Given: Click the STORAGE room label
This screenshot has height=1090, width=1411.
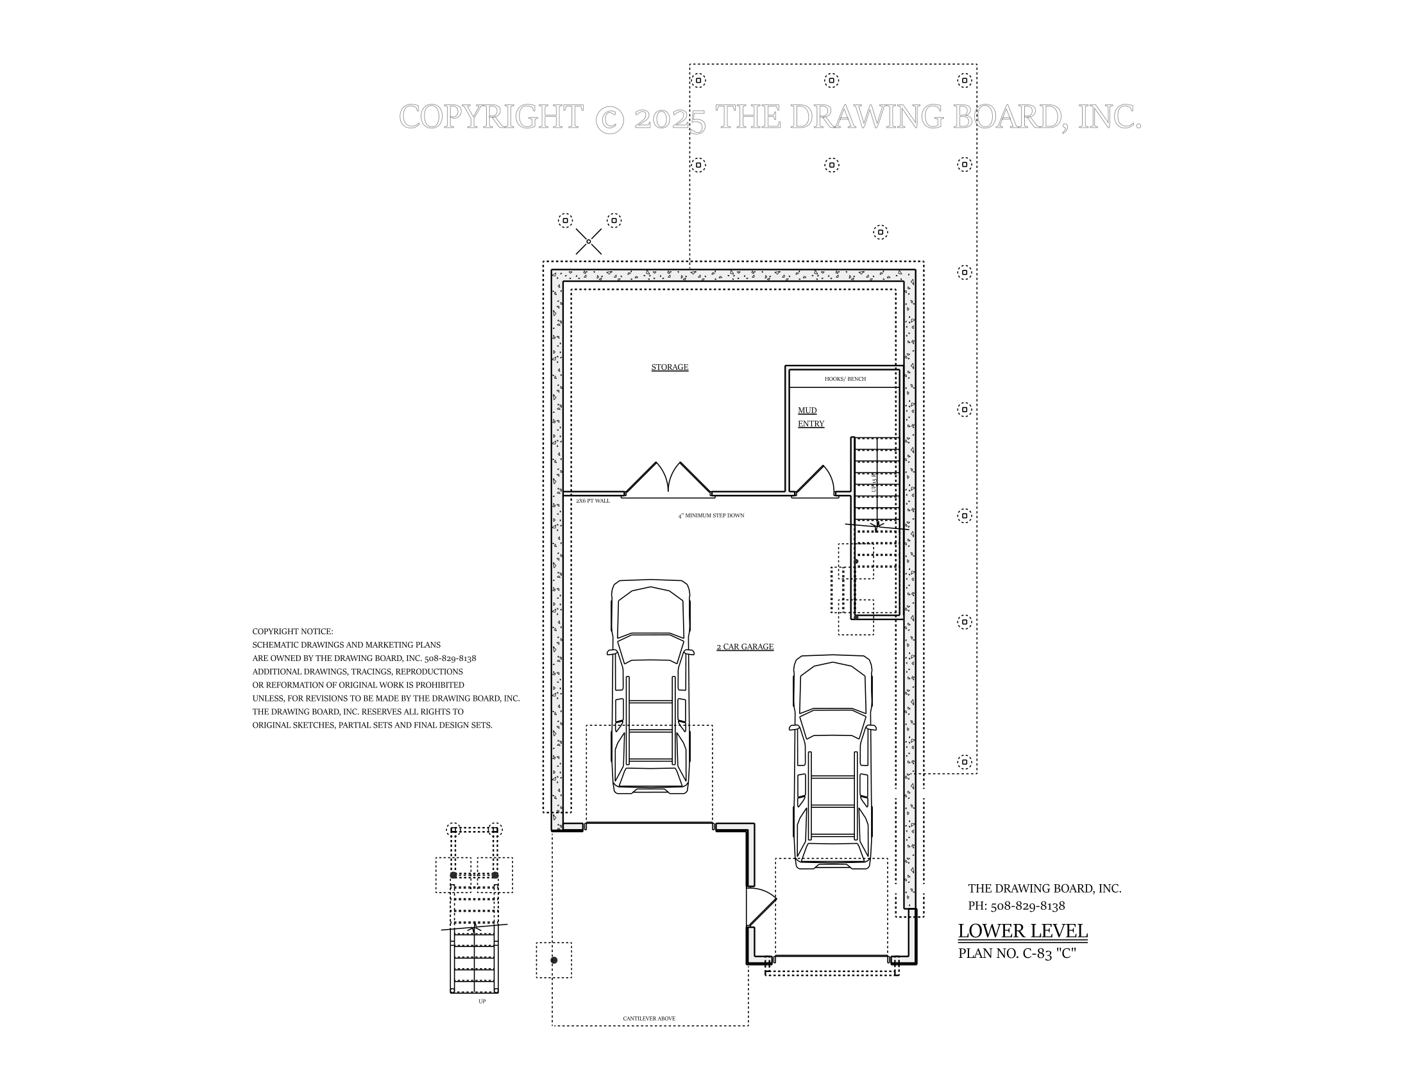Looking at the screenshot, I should [x=670, y=367].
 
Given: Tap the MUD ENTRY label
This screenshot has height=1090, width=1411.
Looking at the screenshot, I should [x=810, y=417].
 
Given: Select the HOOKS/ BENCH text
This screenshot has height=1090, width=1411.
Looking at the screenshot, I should [x=845, y=379].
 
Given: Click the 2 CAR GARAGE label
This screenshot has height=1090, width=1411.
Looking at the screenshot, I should [x=744, y=647].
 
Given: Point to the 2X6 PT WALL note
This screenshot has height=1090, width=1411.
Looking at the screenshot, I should [x=593, y=501].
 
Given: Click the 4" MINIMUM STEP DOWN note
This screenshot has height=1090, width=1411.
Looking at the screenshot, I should [x=711, y=516].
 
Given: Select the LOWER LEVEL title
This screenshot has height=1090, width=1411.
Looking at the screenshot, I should [x=1022, y=931].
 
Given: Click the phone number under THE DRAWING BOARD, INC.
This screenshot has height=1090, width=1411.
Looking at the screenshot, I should [x=1017, y=906].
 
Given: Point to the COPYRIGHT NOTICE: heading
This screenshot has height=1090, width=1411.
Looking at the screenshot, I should [x=292, y=632].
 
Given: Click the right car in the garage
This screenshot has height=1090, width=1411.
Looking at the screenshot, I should [x=832, y=762].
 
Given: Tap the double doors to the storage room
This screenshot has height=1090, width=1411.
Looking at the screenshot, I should [x=668, y=480].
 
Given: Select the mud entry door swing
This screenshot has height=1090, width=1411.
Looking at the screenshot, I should [x=814, y=481].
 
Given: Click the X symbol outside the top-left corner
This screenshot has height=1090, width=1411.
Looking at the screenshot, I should [x=589, y=242].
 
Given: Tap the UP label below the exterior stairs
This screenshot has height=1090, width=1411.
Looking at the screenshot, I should [x=482, y=1002].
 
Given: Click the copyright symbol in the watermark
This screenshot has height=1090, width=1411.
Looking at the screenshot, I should [x=609, y=118].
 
